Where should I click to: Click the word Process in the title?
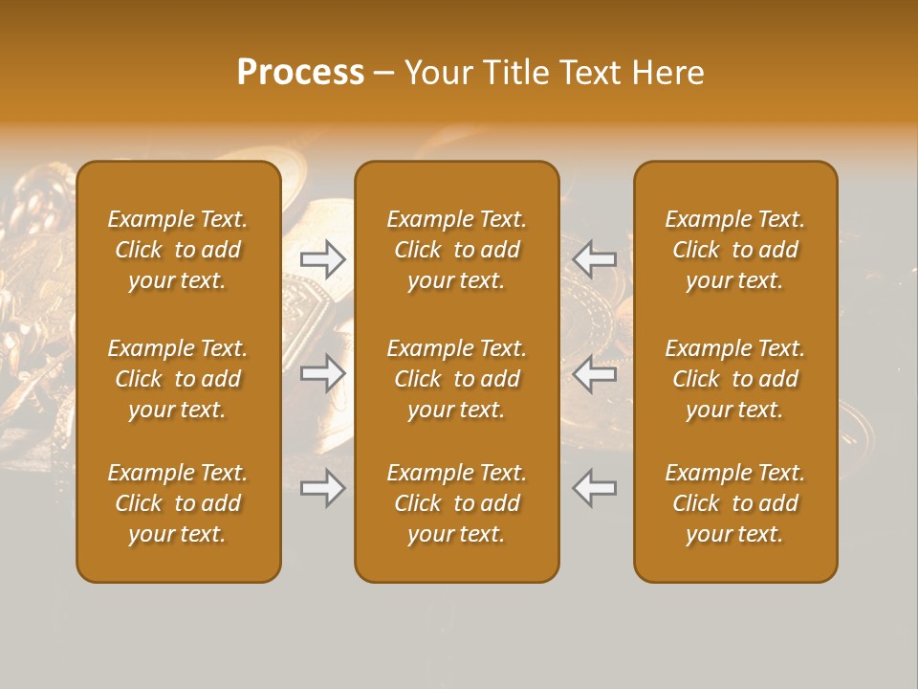300,73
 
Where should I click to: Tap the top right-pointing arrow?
323,259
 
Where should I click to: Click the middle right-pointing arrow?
323,373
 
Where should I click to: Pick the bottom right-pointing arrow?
323,488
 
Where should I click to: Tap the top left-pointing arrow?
594,259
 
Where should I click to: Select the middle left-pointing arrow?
594,373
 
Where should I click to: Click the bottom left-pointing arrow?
594,488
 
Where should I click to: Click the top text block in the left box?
178,250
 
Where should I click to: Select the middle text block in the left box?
178,379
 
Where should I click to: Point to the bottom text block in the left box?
178,503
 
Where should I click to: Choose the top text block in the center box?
456,250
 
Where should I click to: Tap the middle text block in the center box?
456,379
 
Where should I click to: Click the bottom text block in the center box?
456,503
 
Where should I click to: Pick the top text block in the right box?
734,250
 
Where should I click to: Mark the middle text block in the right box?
734,379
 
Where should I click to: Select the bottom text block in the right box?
734,503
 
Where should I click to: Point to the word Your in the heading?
439,73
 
